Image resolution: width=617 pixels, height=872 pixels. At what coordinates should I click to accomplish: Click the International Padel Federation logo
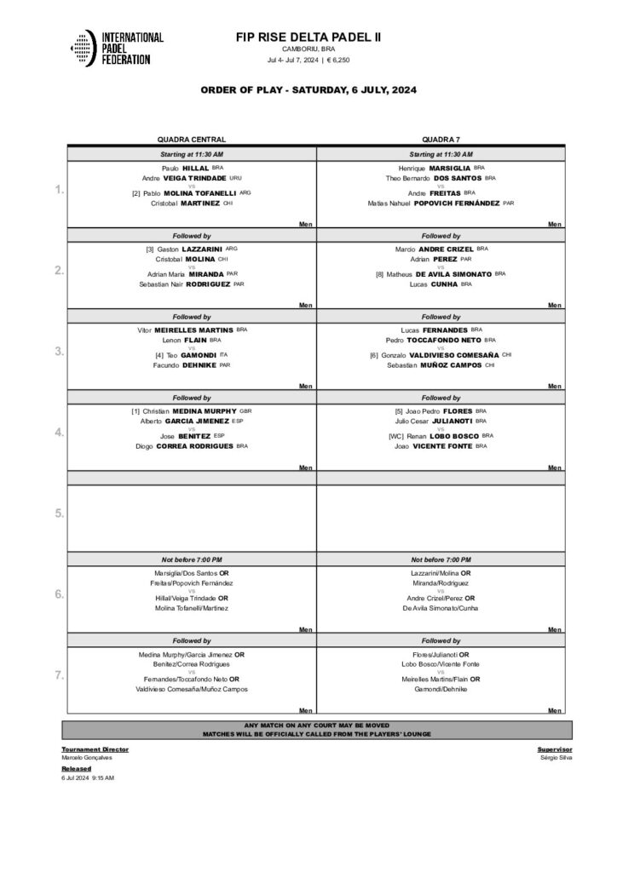click(x=116, y=49)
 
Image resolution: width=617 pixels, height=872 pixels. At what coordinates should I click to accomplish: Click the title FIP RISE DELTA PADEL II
click(x=308, y=37)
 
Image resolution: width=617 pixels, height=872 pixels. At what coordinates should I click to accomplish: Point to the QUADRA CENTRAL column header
click(x=191, y=139)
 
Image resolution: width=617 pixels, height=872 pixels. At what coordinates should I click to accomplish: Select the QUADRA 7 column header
click(x=441, y=139)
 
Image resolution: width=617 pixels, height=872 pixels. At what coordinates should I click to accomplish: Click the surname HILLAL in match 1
click(x=196, y=169)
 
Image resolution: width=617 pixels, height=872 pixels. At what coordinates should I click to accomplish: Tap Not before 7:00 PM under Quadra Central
click(x=191, y=559)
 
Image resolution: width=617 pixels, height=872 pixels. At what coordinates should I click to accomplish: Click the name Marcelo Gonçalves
click(x=85, y=758)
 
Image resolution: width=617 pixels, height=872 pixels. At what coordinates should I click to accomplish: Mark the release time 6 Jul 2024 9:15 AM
click(x=88, y=777)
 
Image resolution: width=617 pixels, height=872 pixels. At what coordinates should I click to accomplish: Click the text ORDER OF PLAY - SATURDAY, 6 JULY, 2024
click(x=308, y=90)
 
